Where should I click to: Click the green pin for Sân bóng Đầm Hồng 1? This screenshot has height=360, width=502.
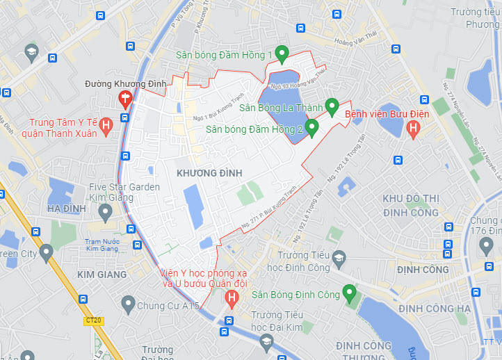click(282, 53)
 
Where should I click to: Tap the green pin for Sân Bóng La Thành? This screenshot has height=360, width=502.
click(332, 106)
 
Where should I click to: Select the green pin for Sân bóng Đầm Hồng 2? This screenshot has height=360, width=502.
click(311, 126)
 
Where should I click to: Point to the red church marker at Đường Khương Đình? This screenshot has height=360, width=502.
click(125, 98)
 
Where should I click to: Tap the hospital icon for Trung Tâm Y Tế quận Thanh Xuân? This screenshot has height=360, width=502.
click(106, 126)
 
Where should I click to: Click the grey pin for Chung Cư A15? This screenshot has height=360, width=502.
click(127, 304)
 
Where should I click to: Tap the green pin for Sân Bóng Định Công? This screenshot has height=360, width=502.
click(349, 293)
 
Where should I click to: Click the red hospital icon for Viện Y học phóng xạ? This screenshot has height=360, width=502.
click(232, 299)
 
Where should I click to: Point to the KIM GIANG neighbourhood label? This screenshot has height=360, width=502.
click(102, 275)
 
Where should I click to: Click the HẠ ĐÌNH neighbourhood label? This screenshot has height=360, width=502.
click(67, 208)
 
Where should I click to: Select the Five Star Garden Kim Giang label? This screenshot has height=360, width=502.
click(124, 193)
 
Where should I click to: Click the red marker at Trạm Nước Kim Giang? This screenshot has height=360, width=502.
click(129, 229)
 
